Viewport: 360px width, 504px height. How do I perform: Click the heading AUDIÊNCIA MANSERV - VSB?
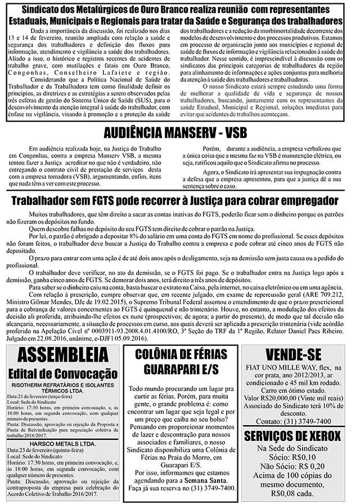tap(179, 134)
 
